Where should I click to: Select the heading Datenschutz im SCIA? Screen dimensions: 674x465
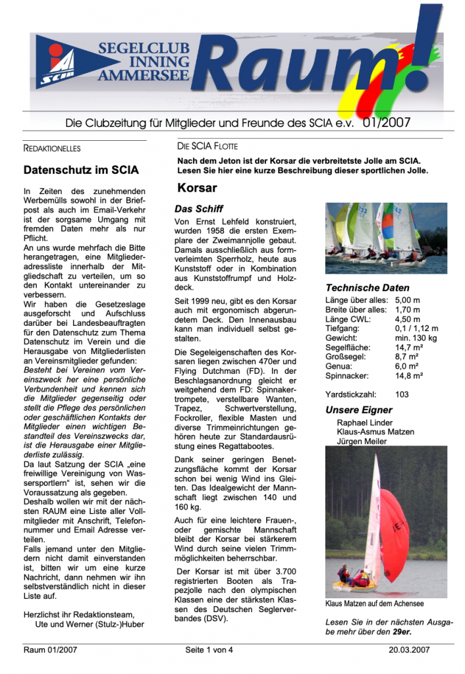pyautogui.click(x=81, y=170)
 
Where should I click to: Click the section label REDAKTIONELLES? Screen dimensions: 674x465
pyautogui.click(x=52, y=148)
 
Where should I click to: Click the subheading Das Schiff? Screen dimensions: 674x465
pyautogui.click(x=198, y=209)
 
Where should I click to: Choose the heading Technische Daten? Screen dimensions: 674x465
pyautogui.click(x=367, y=288)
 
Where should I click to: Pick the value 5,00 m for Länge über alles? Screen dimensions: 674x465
pyautogui.click(x=408, y=300)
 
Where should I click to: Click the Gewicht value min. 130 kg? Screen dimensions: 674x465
pyautogui.click(x=417, y=338)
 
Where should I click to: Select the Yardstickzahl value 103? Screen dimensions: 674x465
pyautogui.click(x=402, y=394)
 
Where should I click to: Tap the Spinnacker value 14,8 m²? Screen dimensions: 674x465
pyautogui.click(x=409, y=375)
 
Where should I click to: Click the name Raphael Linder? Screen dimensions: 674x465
pyautogui.click(x=364, y=423)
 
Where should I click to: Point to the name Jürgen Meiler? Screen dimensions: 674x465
pyautogui.click(x=362, y=441)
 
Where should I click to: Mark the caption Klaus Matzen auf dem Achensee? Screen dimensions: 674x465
pyautogui.click(x=374, y=603)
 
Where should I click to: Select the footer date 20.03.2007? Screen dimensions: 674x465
pyautogui.click(x=409, y=650)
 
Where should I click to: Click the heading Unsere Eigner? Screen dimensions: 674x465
pyautogui.click(x=358, y=410)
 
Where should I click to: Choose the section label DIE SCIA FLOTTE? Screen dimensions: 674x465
pyautogui.click(x=207, y=146)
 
